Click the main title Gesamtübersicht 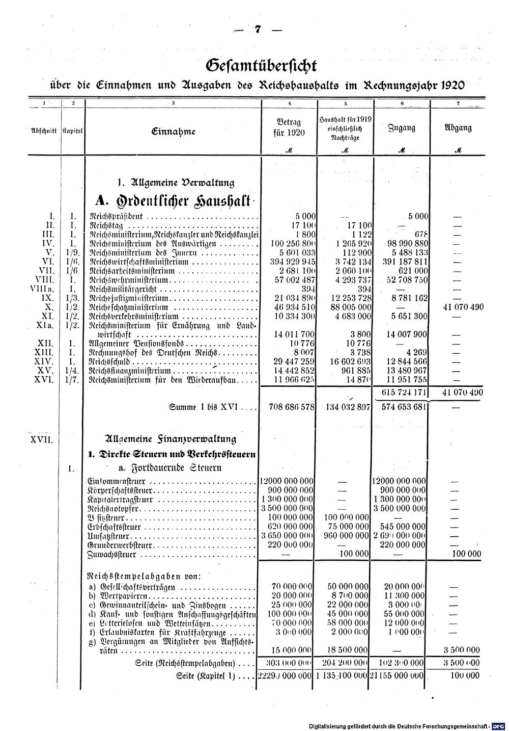point(261,66)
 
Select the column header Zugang point(401,128)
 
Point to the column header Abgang point(458,128)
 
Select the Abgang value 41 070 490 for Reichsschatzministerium point(459,307)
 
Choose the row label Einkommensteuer point(117,481)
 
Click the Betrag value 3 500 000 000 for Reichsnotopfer point(287,508)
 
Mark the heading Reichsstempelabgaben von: point(145,576)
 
